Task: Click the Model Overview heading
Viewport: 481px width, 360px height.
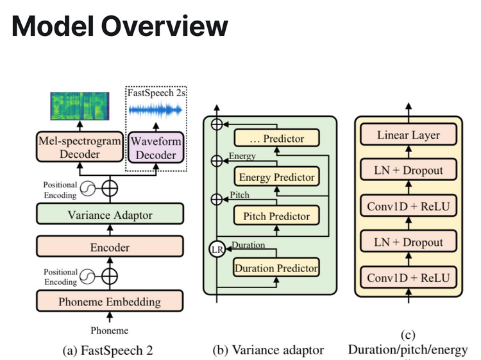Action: pos(120,26)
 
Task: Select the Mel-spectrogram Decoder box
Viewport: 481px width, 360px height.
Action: pos(80,147)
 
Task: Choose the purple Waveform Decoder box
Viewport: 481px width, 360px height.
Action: pos(155,147)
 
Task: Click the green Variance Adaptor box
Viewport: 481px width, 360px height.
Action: pos(110,214)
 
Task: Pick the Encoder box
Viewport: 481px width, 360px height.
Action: pos(110,247)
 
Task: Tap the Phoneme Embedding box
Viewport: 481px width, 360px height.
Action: pos(110,300)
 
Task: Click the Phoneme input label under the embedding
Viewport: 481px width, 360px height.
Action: pos(109,330)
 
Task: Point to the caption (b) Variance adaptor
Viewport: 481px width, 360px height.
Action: pos(268,350)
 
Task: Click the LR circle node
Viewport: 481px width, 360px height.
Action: pos(218,250)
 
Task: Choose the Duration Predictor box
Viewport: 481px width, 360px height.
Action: pos(276,268)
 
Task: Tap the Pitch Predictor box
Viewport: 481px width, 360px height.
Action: pos(276,216)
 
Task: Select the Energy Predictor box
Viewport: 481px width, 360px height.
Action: pos(276,177)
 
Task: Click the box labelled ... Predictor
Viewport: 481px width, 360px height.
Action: pos(276,138)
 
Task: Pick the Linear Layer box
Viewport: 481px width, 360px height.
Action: pos(409,135)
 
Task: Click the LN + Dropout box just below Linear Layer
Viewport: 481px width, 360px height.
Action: pos(409,170)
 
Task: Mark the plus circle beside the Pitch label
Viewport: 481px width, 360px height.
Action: pos(218,200)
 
